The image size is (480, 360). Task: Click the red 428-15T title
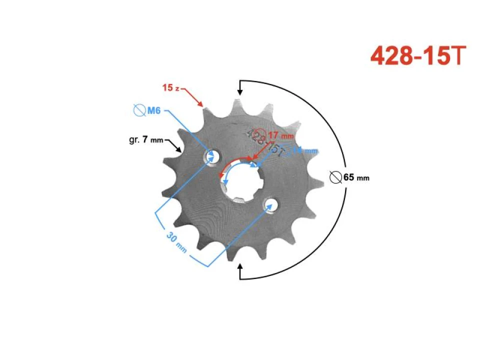[418, 56]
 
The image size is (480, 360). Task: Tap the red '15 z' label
[170, 88]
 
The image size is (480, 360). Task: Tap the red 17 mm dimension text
[281, 135]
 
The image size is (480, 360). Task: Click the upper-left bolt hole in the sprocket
[212, 157]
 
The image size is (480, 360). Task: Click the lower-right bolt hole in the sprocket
[271, 204]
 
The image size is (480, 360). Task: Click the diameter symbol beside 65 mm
[336, 176]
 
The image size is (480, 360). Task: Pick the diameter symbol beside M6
[138, 110]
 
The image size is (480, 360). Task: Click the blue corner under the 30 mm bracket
[207, 265]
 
